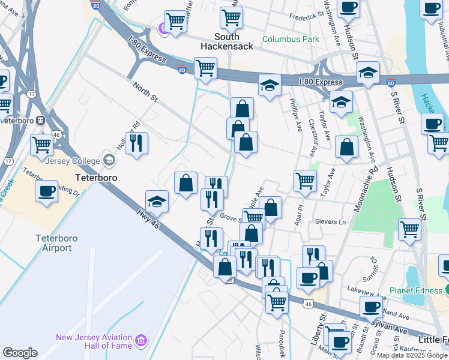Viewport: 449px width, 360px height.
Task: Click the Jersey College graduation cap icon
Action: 109,160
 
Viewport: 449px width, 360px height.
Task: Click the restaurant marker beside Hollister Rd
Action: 137,143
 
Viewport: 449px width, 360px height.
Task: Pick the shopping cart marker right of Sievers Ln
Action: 409,229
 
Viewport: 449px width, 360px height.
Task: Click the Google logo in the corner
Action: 20,352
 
